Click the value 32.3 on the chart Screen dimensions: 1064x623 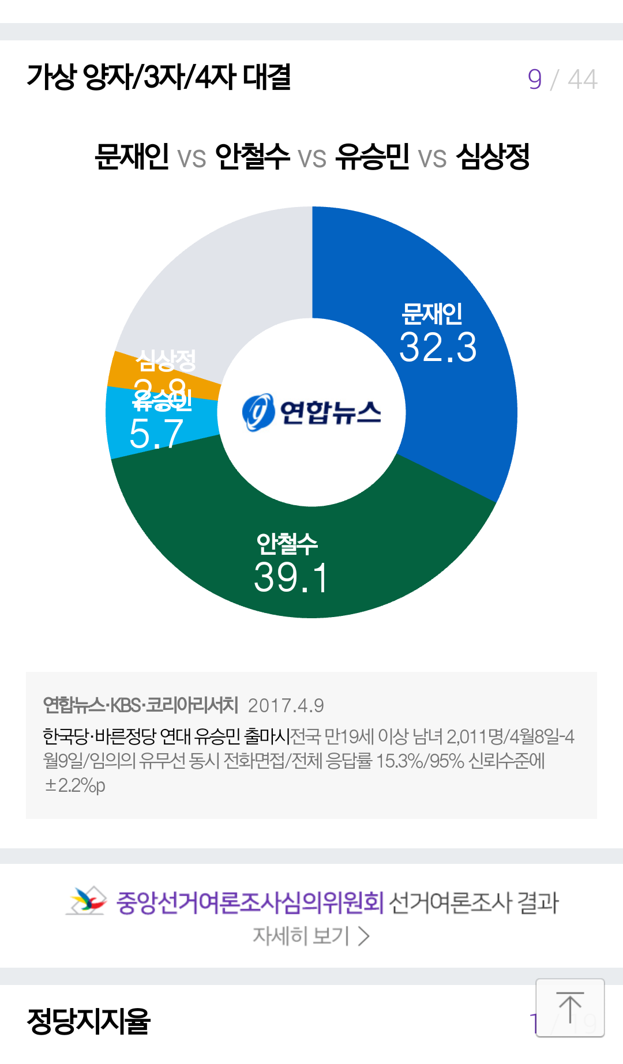point(438,348)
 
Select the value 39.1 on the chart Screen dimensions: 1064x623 point(291,577)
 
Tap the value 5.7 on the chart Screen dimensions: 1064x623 point(156,434)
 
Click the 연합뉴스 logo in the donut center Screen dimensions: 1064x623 point(311,412)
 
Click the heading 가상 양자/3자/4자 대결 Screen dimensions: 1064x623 point(159,77)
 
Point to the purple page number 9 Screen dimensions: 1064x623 point(535,80)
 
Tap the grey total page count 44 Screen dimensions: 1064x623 point(582,80)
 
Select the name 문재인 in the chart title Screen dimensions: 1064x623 point(132,156)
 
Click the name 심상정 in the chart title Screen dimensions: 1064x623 point(493,156)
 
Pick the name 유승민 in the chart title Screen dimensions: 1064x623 point(373,156)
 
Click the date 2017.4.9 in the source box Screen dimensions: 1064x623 point(286,705)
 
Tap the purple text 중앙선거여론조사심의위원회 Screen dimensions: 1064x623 point(250,903)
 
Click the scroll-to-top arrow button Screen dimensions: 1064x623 point(570,1007)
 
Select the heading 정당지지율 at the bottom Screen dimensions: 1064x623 point(89,1021)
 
